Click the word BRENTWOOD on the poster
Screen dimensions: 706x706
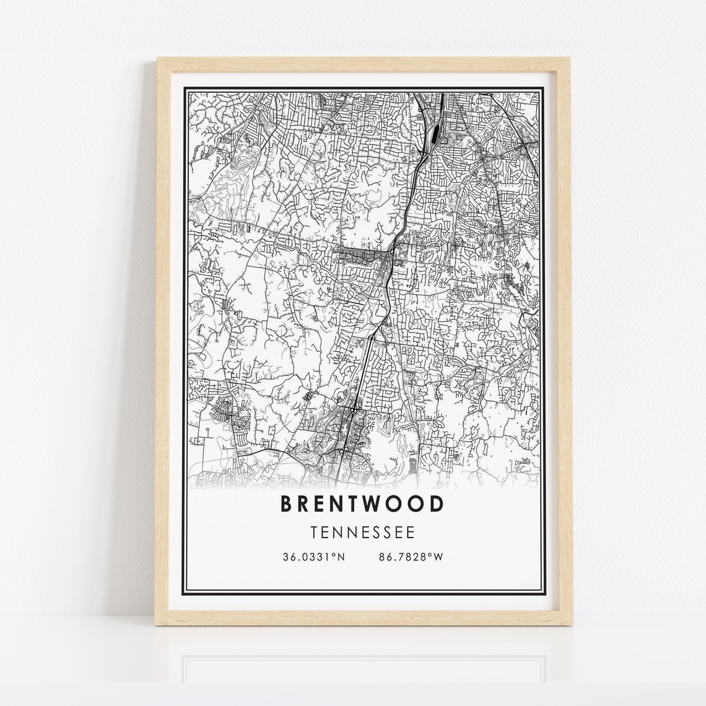tap(362, 504)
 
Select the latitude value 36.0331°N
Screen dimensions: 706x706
tap(313, 557)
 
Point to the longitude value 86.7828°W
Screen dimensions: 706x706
tap(411, 557)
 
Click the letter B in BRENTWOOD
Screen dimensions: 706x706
tap(287, 504)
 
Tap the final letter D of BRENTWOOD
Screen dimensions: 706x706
tap(437, 504)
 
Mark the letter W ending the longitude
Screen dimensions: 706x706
tap(439, 557)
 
